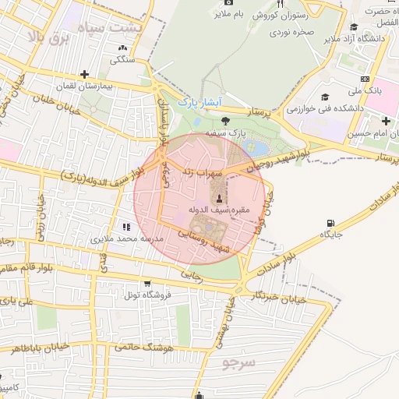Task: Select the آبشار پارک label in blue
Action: pos(200,102)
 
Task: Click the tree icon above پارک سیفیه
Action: pos(225,121)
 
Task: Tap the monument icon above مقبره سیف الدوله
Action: pos(219,195)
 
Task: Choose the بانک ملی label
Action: pos(366,91)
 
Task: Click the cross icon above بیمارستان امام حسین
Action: pos(385,121)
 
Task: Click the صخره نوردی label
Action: pos(292,33)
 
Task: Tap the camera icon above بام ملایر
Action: pos(217,13)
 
